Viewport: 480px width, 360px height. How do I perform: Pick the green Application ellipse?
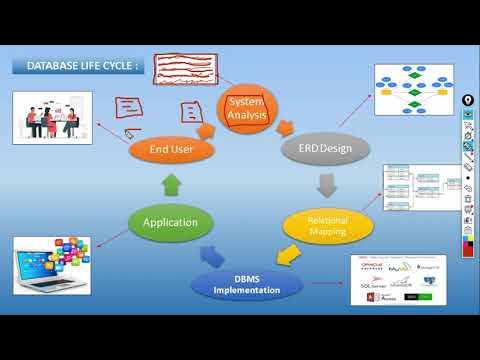(x=170, y=222)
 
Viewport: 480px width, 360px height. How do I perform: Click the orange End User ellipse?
(x=172, y=150)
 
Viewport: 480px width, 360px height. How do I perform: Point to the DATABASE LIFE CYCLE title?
(x=78, y=66)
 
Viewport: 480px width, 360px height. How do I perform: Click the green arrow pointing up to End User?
(x=171, y=184)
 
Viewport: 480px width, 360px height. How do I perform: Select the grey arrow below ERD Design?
(x=326, y=185)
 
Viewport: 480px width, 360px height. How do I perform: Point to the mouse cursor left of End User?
(x=128, y=130)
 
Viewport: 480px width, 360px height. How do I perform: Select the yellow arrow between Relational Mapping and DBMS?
(x=287, y=259)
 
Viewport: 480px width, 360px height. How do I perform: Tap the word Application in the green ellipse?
(x=170, y=222)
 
